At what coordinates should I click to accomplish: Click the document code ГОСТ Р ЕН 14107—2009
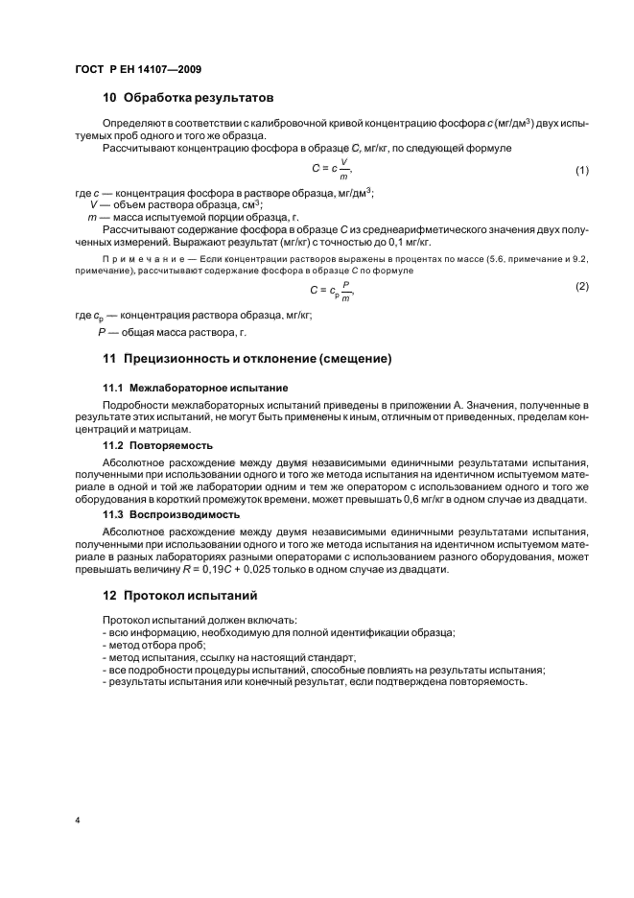click(x=137, y=69)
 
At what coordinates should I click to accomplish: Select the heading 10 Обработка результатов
click(x=188, y=98)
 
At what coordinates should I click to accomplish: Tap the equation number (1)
click(x=580, y=171)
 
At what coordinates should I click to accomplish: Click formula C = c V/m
click(x=331, y=170)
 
